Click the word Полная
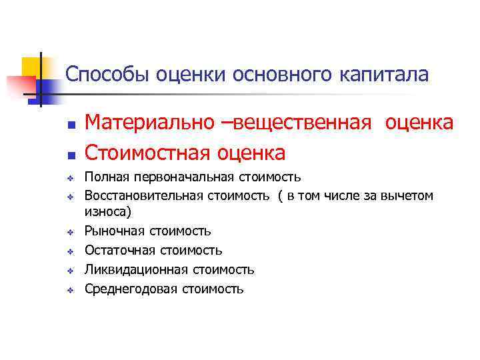tap(107, 177)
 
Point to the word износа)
tap(108, 212)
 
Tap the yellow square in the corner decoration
tap(31, 67)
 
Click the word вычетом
tap(409, 196)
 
